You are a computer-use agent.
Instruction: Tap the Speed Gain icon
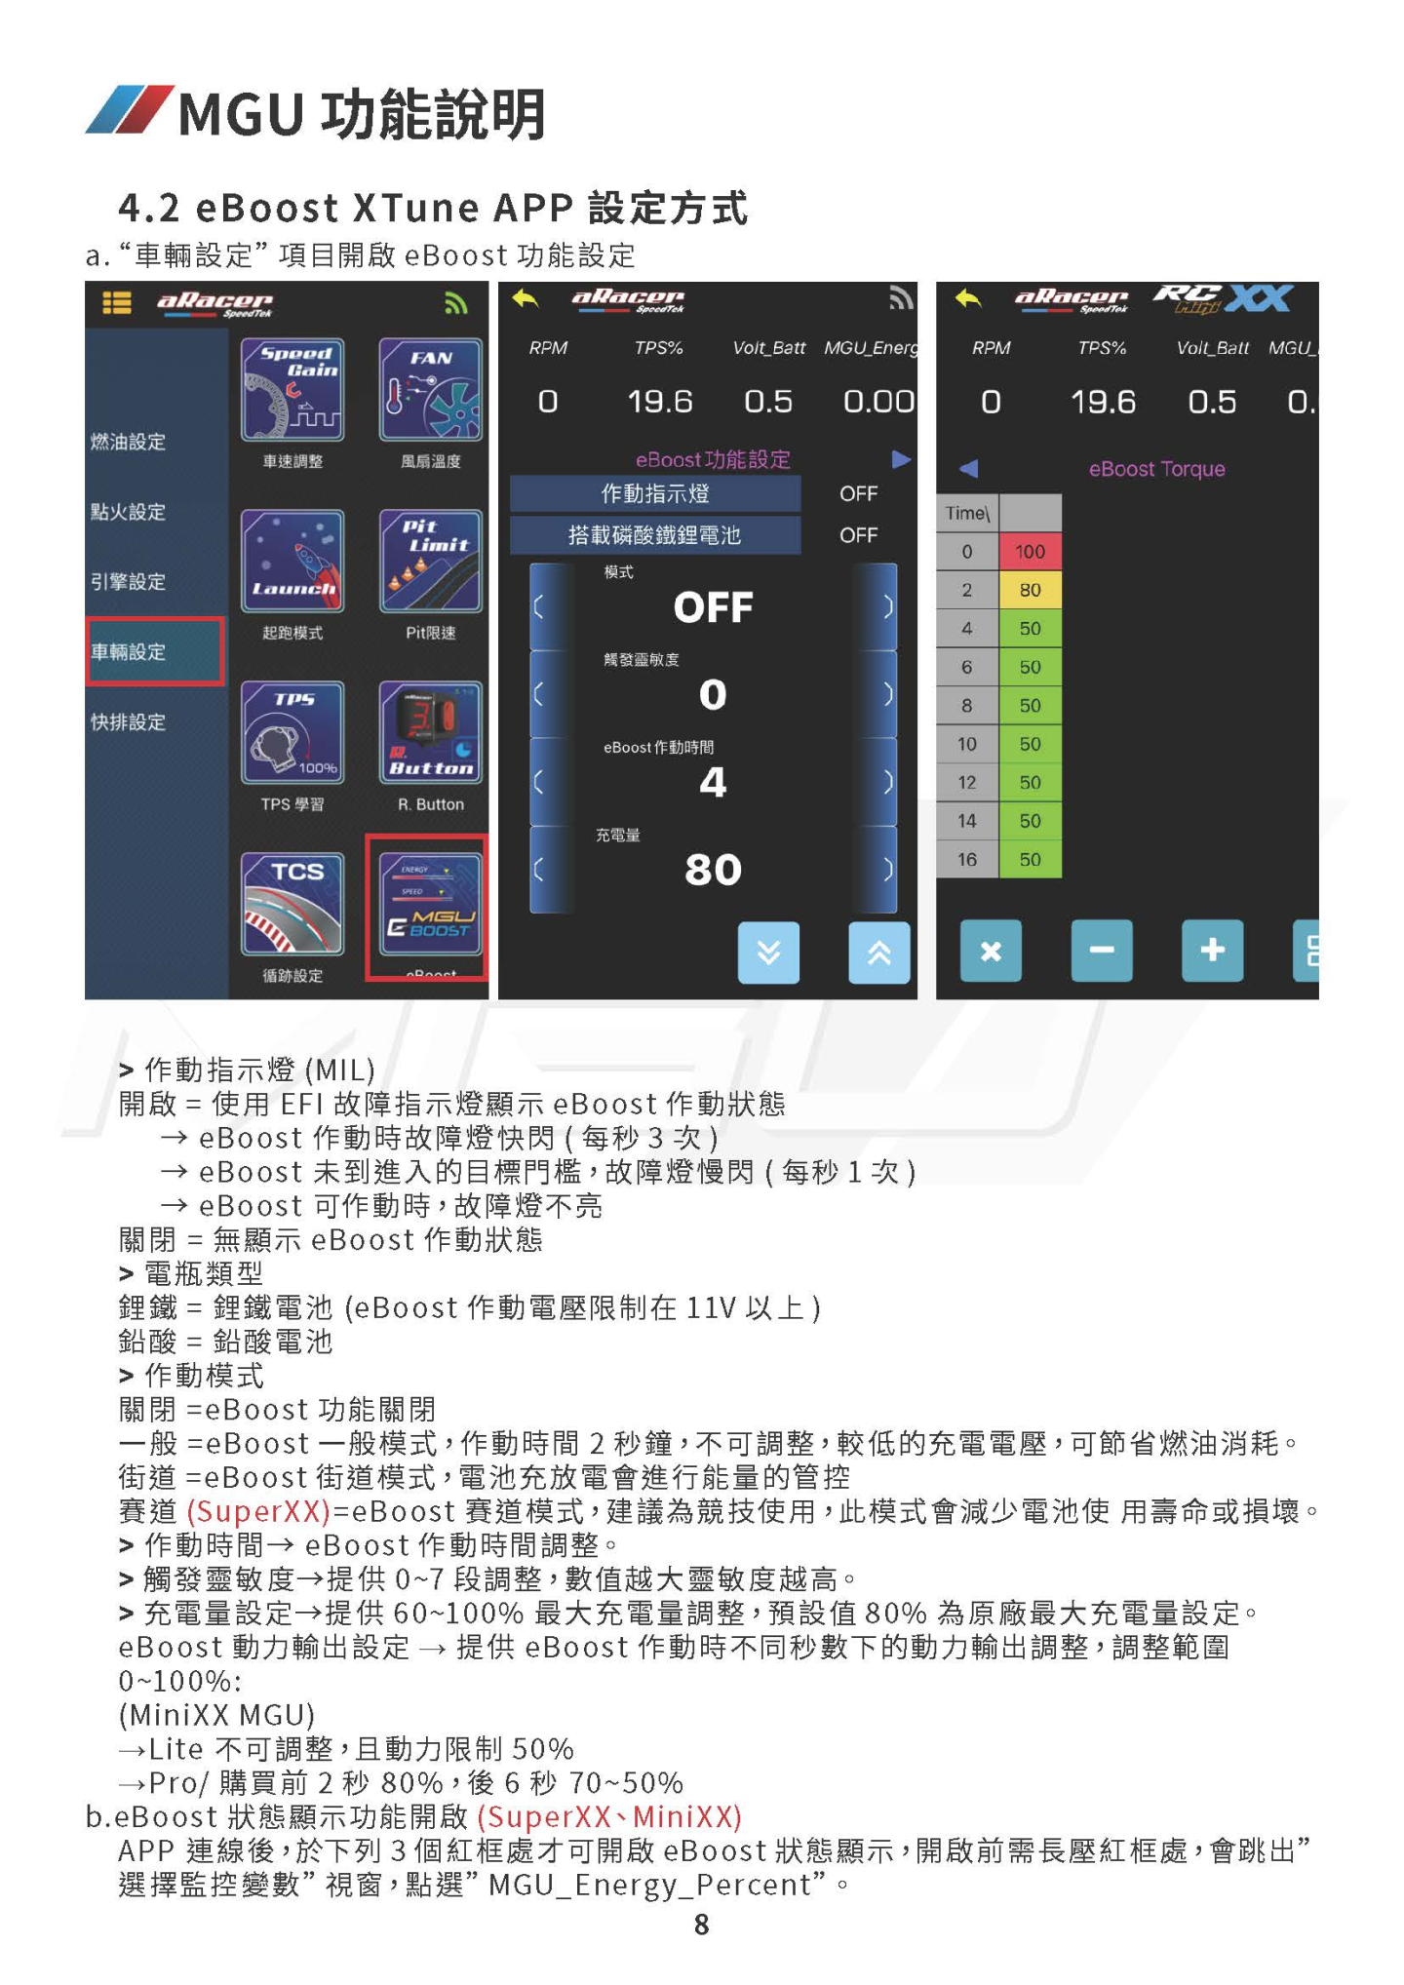tap(292, 390)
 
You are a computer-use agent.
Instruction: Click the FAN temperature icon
tap(431, 390)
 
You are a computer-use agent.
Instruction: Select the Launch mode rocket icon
tap(292, 562)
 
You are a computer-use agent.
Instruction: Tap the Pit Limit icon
tap(431, 562)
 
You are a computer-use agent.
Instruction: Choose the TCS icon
tap(292, 905)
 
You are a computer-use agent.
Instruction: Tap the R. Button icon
tap(431, 733)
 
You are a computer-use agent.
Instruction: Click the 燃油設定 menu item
tap(129, 442)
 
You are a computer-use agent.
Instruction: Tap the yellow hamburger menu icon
tap(117, 303)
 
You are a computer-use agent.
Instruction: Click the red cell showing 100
tap(1030, 552)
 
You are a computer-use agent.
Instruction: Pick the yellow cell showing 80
tap(1030, 590)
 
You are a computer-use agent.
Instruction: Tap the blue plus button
tap(1212, 950)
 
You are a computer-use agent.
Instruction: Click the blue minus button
tap(1102, 950)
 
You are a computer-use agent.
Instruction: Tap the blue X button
tap(991, 950)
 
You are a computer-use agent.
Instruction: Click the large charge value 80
tap(713, 870)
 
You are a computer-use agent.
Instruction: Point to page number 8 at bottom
tap(702, 1925)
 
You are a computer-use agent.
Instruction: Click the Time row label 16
tap(967, 860)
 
